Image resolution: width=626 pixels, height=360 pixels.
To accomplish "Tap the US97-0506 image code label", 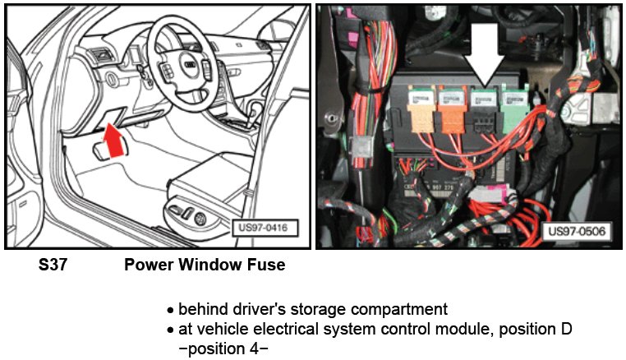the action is click(576, 232).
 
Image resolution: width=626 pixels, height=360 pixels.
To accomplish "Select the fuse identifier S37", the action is click(53, 266).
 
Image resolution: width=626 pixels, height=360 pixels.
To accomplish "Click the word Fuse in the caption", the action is click(267, 266).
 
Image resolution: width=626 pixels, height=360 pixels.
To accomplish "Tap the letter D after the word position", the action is click(567, 330).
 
